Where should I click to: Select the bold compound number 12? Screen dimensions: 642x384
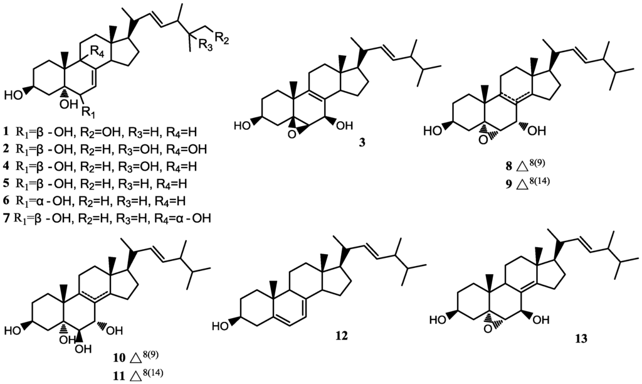341,336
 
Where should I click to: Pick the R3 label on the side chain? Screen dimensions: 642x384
204,44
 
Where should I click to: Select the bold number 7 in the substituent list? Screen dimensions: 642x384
5,218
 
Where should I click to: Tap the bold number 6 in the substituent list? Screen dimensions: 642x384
5,201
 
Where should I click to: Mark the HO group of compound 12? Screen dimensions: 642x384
224,326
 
